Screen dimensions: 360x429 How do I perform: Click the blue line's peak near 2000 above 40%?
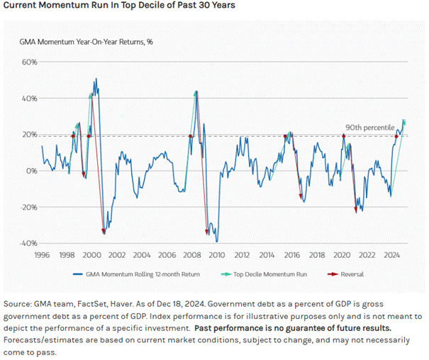click(96, 60)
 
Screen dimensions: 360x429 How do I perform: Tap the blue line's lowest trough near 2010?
click(217, 242)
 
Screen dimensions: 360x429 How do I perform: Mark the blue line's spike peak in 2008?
click(196, 91)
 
